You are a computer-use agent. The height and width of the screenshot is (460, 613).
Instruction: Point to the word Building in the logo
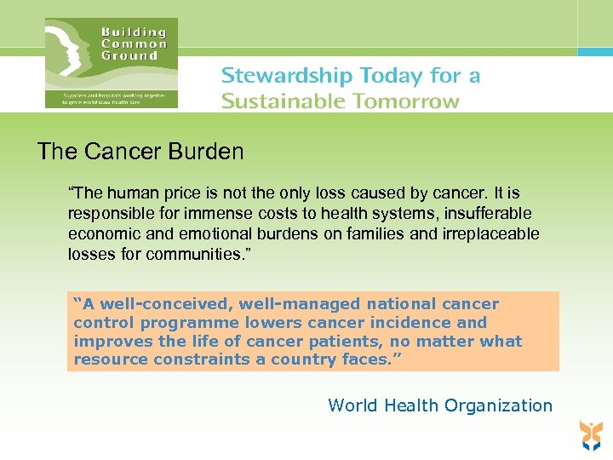coord(134,32)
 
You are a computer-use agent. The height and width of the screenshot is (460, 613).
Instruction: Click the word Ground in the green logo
coord(129,55)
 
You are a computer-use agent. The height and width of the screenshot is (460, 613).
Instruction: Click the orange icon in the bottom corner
coord(589,434)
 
